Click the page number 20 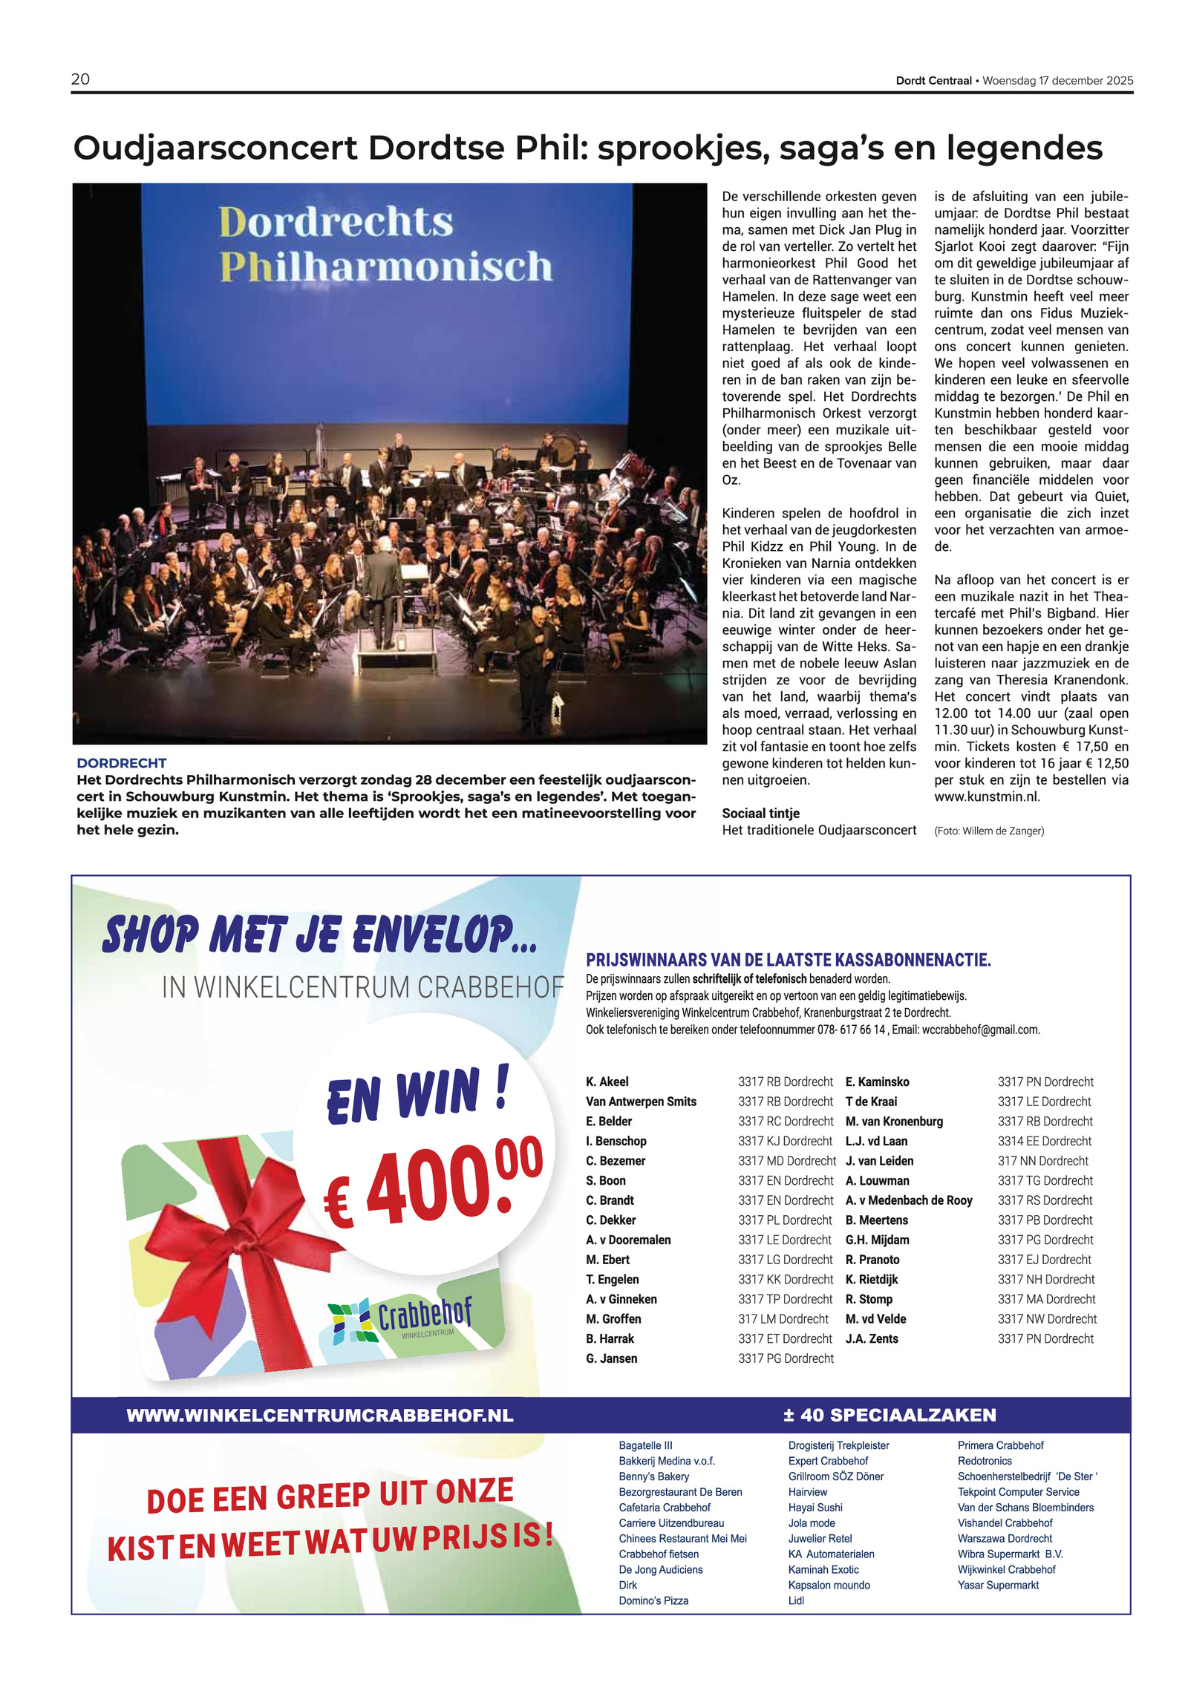80,79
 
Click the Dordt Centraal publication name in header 933,81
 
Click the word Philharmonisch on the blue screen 385,266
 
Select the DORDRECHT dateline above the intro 121,763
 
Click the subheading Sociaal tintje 760,814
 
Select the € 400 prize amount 433,1182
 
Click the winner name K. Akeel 607,1082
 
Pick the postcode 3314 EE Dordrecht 1044,1142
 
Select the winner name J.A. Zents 872,1339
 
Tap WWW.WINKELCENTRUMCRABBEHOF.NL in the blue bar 320,1416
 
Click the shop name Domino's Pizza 653,1601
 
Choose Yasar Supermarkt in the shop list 998,1586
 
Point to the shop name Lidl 796,1601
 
